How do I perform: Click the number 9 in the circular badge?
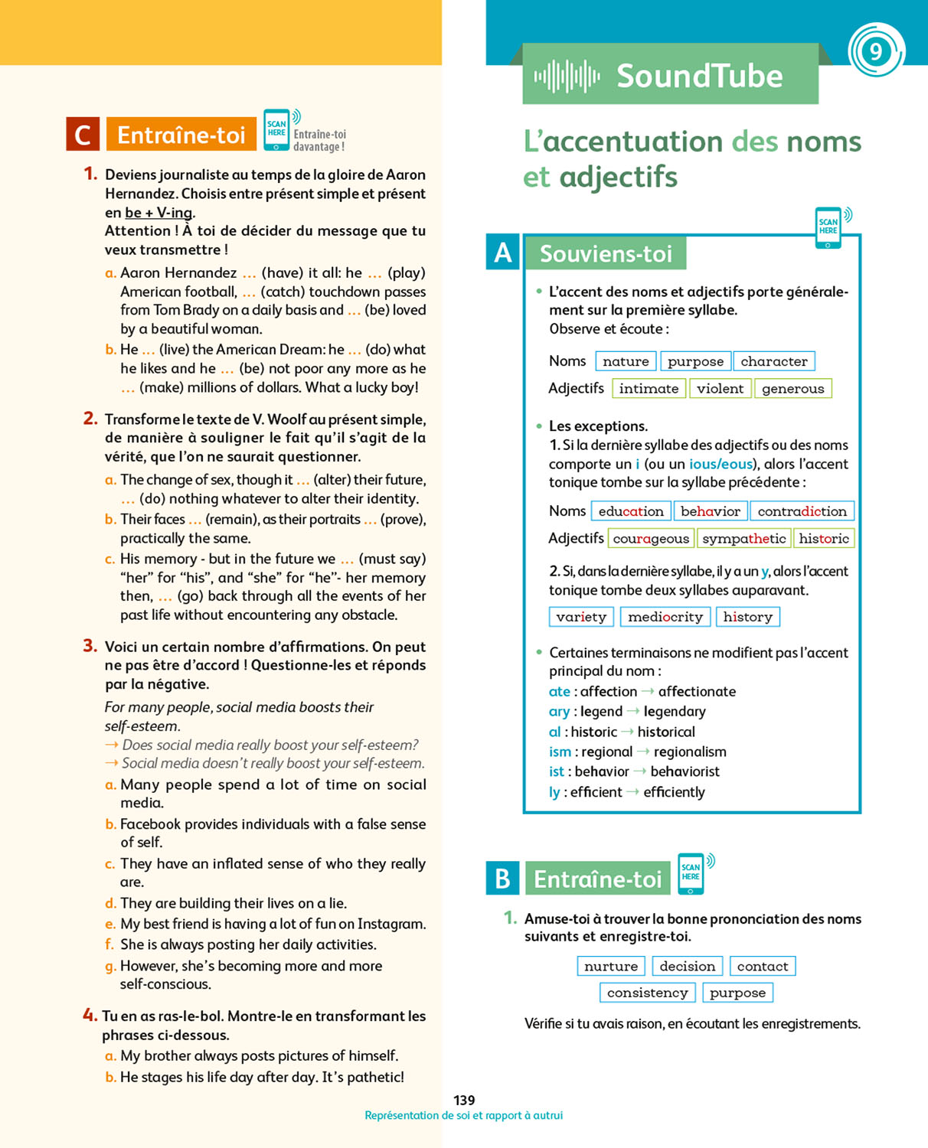point(876,51)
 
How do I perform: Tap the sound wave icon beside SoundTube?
point(567,77)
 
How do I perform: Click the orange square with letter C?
point(83,135)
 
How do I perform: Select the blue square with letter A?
point(503,253)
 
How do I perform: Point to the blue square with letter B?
point(502,879)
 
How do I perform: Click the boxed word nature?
point(626,361)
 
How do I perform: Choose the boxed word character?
point(773,361)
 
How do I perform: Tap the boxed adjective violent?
point(720,389)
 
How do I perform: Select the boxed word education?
point(631,511)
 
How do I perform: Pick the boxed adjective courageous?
point(651,539)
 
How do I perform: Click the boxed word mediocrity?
point(665,617)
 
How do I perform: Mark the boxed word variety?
point(581,617)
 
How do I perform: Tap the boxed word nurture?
point(611,967)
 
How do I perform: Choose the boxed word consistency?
point(647,993)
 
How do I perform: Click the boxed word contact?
point(763,967)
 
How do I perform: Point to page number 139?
point(464,1101)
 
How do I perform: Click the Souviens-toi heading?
point(606,254)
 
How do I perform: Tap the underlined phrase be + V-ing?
point(159,213)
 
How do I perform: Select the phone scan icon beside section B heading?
point(691,872)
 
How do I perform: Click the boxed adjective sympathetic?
point(743,539)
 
